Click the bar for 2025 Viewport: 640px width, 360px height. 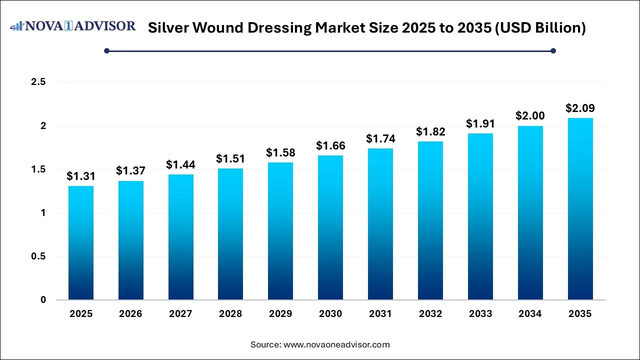(x=80, y=243)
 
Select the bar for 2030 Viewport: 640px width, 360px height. (x=330, y=227)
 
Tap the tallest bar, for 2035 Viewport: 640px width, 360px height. (x=580, y=209)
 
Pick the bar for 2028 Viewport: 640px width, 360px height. (x=230, y=234)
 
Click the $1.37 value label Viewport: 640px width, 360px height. (x=130, y=170)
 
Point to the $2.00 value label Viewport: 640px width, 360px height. (x=530, y=115)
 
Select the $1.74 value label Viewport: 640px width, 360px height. (x=380, y=138)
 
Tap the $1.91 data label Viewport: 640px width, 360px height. (x=480, y=123)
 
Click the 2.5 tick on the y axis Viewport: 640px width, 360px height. (x=38, y=82)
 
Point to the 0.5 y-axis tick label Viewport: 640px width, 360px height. (x=38, y=256)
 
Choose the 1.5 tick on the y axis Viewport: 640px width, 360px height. (x=38, y=169)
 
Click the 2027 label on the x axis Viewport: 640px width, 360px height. (x=180, y=314)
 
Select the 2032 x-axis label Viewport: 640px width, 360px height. (x=430, y=314)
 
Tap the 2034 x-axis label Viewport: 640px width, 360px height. (x=530, y=314)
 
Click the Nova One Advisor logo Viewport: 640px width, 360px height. (x=73, y=26)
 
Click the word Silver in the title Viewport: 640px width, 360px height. (x=168, y=28)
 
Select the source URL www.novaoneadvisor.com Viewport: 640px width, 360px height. (x=336, y=344)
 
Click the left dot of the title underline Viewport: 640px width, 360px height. (x=106, y=50)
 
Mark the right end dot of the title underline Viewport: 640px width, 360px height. (x=553, y=50)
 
